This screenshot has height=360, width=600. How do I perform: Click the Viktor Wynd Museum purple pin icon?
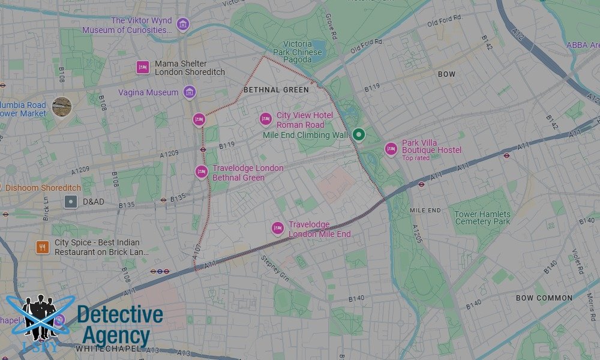click(183, 25)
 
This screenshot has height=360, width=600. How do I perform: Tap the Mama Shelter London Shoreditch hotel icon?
click(142, 67)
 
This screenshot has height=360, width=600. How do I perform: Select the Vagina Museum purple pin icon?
click(190, 92)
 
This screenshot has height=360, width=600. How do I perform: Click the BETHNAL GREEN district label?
click(276, 90)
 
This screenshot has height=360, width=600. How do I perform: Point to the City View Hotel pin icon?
click(265, 119)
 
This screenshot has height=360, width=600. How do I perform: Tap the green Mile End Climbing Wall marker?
click(358, 134)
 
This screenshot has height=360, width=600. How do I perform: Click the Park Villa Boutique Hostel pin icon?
click(391, 149)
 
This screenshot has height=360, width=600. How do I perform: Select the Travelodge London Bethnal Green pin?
click(201, 172)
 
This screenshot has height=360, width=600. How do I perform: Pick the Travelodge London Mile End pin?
click(277, 228)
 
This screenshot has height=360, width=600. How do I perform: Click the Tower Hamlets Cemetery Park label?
click(482, 218)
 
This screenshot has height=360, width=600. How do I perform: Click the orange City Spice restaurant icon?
click(42, 247)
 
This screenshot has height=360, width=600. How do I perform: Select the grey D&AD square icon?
click(71, 202)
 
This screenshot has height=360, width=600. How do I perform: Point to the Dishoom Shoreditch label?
click(43, 188)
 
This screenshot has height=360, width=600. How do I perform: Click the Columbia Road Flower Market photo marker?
click(61, 107)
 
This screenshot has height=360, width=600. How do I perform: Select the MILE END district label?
click(425, 211)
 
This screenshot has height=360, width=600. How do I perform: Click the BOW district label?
click(446, 74)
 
